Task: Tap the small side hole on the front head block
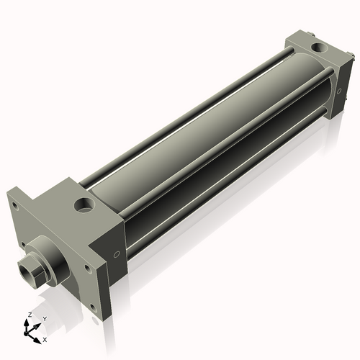[x=116, y=255]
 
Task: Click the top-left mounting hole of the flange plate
[x=14, y=204]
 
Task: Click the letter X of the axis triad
[x=45, y=338]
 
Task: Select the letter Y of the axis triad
[x=44, y=318]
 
